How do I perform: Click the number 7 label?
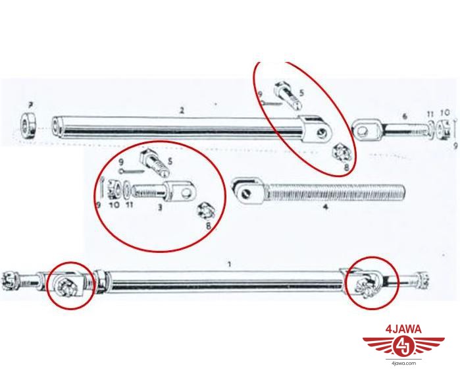[x=30, y=105]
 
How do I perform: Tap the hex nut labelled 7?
[x=29, y=124]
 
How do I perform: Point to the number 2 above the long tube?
[x=182, y=111]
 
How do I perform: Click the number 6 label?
[x=405, y=117]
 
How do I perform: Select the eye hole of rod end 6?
[x=363, y=130]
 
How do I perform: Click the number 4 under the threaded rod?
[x=325, y=207]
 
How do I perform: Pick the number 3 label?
[x=160, y=207]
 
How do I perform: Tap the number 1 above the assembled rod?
[x=230, y=265]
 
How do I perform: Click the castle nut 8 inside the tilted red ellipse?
[x=341, y=153]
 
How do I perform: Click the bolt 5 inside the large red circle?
[x=153, y=162]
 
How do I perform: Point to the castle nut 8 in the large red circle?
[x=207, y=211]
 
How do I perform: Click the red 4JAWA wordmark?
[x=403, y=329]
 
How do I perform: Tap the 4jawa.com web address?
[x=403, y=363]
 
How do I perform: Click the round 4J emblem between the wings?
[x=403, y=346]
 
